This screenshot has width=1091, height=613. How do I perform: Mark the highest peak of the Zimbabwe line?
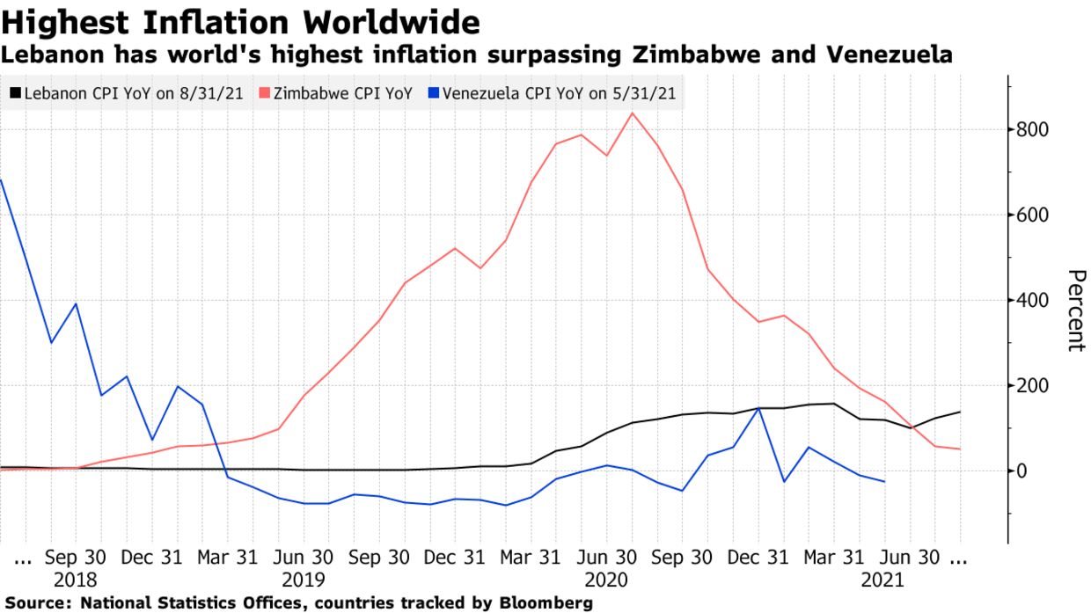[631, 113]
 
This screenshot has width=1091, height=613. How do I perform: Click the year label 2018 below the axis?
[77, 580]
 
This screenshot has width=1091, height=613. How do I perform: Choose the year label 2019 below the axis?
[303, 580]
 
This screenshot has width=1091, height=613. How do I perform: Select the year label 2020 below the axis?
[605, 580]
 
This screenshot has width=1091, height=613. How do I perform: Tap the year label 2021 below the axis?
[882, 580]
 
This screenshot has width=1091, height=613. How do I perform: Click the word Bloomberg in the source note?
[546, 603]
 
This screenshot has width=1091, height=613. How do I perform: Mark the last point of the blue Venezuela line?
[884, 482]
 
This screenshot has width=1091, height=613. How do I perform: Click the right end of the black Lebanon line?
[959, 412]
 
